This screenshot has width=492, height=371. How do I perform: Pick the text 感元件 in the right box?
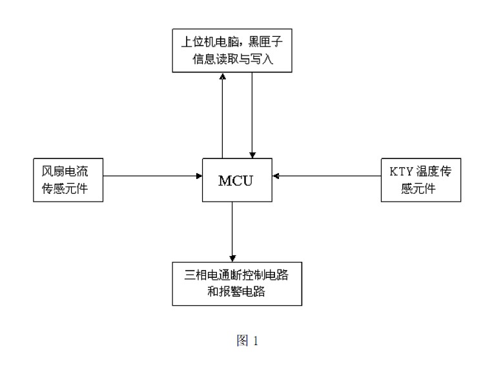tap(420, 189)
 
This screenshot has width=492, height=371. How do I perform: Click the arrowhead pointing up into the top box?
tap(222, 76)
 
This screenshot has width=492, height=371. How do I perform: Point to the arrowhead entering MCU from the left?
tap(199, 175)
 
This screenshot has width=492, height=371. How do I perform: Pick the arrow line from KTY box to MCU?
tap(326, 175)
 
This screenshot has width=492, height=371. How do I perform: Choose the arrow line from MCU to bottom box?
tap(232, 229)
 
